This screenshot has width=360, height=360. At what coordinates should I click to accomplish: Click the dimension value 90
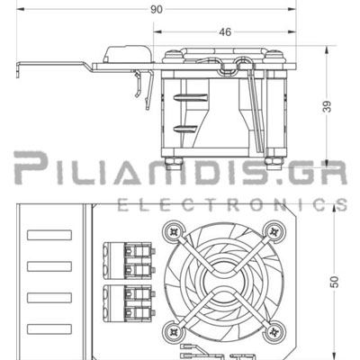156,10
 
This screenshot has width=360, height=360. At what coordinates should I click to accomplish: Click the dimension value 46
225,32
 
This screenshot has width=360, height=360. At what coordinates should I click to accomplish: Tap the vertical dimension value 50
335,282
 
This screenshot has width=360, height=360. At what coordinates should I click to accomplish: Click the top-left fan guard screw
174,231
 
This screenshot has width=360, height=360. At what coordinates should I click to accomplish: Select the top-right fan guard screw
274,231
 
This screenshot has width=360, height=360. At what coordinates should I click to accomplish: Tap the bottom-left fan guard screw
174,331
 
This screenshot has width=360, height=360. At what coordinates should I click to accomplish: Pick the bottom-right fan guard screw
274,331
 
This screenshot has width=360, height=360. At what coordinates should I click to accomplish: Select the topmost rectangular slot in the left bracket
49,235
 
